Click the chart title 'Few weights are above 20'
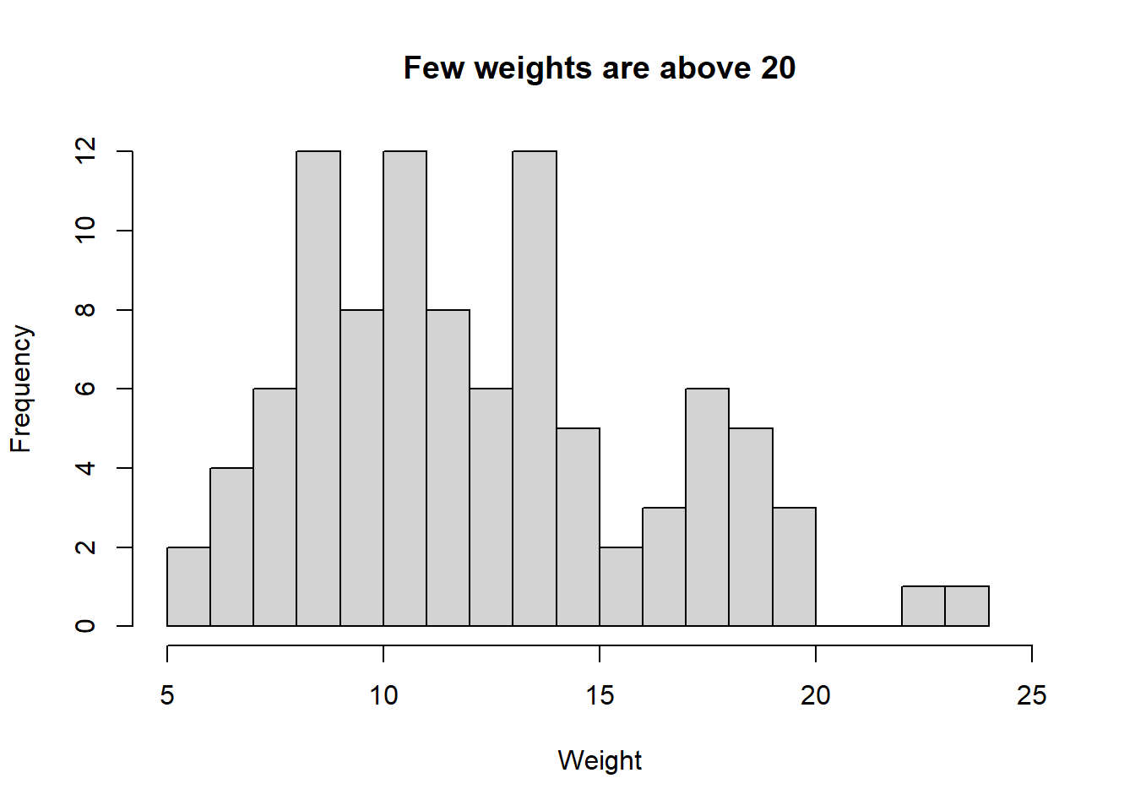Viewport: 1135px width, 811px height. click(x=600, y=68)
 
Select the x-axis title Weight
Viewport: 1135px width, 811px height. click(x=600, y=760)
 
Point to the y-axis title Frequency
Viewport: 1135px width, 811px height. click(x=21, y=389)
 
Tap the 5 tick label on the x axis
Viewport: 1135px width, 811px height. click(x=167, y=696)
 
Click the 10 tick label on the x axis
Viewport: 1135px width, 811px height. click(x=383, y=696)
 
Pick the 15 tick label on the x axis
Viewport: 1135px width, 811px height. click(x=600, y=696)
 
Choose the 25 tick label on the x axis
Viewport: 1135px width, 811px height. click(x=1032, y=696)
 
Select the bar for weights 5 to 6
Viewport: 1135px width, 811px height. click(x=189, y=587)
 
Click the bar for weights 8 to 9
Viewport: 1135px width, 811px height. click(x=318, y=389)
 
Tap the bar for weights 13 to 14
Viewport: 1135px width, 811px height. click(x=535, y=389)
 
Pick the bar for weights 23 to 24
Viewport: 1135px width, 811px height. click(x=967, y=607)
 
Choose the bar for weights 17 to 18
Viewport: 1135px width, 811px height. click(x=708, y=507)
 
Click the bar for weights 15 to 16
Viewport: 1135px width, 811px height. click(x=622, y=587)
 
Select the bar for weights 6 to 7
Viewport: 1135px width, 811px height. click(x=232, y=547)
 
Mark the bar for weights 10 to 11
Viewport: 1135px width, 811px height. click(x=405, y=389)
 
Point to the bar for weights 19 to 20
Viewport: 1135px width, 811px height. click(x=795, y=567)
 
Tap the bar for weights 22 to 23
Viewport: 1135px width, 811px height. click(x=924, y=607)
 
